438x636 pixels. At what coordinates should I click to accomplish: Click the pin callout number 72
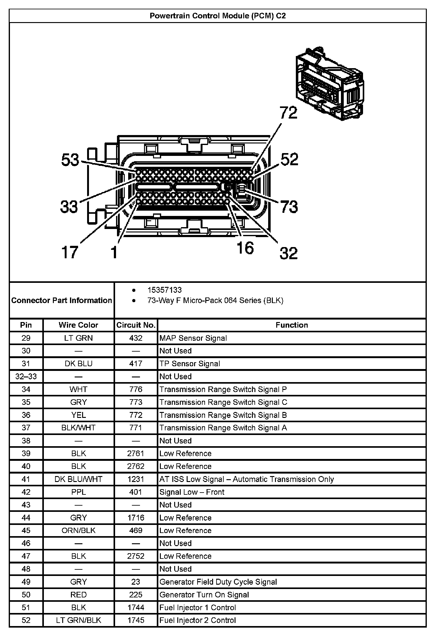(x=289, y=112)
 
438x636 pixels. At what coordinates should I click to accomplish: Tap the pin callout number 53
(x=70, y=160)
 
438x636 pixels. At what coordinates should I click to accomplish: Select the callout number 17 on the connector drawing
(x=69, y=252)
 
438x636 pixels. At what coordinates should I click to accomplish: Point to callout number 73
(x=289, y=207)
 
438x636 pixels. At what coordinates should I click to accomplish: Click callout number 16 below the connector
(x=245, y=248)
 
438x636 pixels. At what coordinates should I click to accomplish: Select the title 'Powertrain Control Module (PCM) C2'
(x=218, y=16)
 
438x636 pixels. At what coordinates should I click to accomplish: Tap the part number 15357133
(x=164, y=290)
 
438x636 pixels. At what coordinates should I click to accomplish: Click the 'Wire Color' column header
(x=78, y=325)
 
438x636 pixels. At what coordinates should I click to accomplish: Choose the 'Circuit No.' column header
(x=136, y=325)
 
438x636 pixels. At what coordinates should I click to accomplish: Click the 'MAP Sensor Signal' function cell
(x=193, y=338)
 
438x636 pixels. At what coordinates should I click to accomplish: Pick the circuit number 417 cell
(x=136, y=364)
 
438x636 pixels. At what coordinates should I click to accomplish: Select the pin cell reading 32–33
(x=26, y=376)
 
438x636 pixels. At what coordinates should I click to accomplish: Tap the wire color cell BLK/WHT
(x=78, y=428)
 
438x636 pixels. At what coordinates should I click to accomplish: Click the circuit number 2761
(x=136, y=453)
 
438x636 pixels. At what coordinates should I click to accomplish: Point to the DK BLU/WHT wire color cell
(x=78, y=479)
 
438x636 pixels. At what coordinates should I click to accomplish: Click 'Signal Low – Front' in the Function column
(x=192, y=492)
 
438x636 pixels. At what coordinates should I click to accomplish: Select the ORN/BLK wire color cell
(x=78, y=531)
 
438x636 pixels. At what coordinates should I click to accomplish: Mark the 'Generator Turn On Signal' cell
(x=204, y=595)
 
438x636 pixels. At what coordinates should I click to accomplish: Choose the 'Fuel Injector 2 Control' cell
(x=198, y=620)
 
